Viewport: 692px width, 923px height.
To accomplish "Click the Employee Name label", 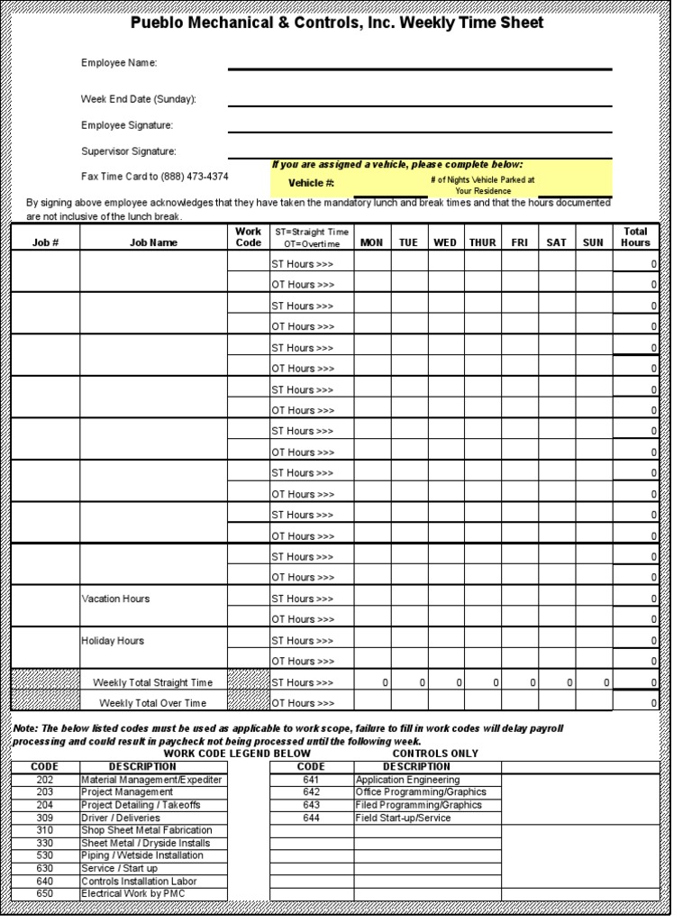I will [x=119, y=62].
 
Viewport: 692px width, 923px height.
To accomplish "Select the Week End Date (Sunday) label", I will [x=138, y=98].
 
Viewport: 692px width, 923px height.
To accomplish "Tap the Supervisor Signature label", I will [x=128, y=151].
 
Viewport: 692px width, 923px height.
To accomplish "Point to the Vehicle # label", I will [x=311, y=183].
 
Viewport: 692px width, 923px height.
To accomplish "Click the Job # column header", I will [x=45, y=242].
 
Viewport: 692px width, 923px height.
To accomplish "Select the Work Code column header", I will [x=248, y=237].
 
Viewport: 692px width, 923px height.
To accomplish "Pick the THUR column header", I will [x=483, y=242].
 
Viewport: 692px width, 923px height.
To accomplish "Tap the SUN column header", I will [x=594, y=242].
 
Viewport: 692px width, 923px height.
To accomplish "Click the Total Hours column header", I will [x=635, y=237].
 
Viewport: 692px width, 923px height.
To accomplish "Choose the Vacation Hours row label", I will [x=116, y=599].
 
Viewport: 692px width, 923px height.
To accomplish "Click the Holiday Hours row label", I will [x=113, y=641].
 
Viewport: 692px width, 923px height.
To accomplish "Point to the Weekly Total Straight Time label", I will [x=153, y=682].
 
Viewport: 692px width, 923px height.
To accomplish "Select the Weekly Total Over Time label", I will [x=153, y=703].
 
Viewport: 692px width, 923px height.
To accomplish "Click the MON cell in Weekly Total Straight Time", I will [x=371, y=682].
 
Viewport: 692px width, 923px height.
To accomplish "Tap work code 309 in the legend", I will [x=45, y=818].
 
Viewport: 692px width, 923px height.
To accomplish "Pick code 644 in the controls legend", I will [x=311, y=818].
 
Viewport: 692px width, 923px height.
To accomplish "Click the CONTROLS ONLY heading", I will [x=436, y=754].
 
